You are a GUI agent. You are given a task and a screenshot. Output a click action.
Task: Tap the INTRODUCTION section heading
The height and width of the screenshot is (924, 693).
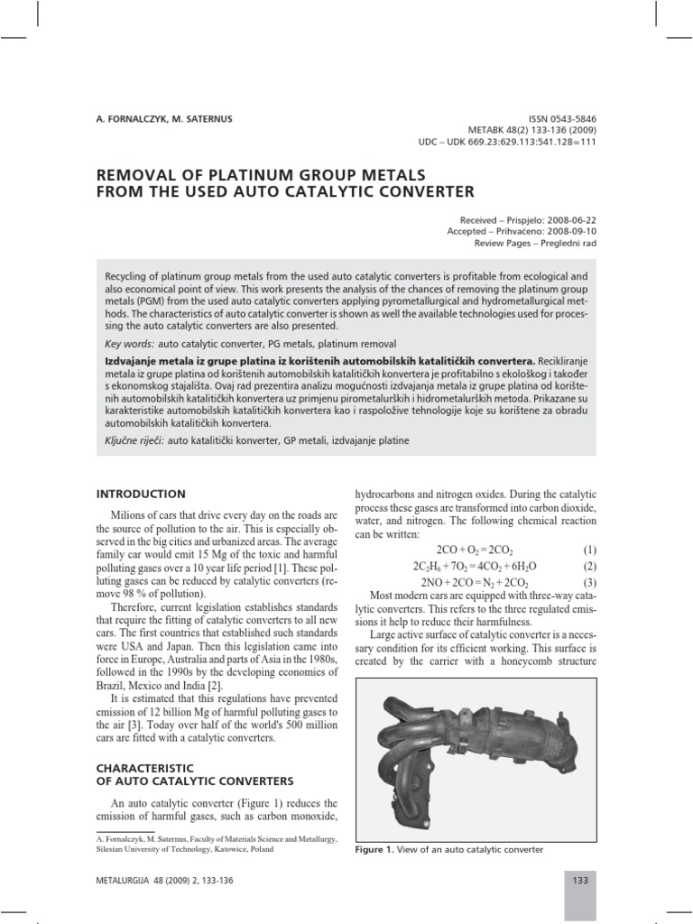click(141, 494)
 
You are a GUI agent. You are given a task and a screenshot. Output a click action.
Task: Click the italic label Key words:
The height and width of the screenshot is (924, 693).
click(130, 345)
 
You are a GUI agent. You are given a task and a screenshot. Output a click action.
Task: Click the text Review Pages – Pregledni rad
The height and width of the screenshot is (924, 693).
click(535, 243)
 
